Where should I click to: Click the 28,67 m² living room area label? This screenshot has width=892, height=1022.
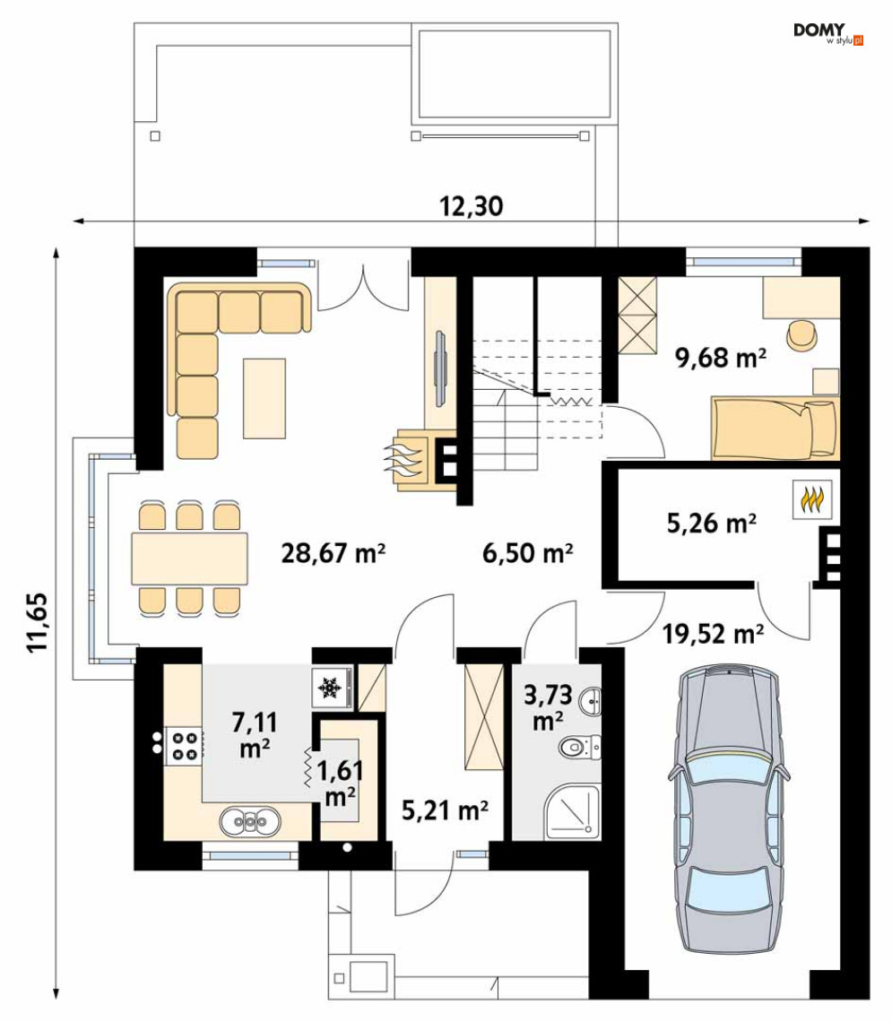[x=333, y=553]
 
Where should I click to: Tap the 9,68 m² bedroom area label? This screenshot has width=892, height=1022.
[x=721, y=357]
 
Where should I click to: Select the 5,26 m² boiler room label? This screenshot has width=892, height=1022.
[x=712, y=523]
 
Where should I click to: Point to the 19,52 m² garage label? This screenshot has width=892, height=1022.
[x=714, y=633]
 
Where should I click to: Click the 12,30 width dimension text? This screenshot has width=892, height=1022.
[x=471, y=206]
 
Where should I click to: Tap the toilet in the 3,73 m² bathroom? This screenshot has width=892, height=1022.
[x=581, y=746]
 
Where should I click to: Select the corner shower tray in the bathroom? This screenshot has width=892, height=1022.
[x=573, y=811]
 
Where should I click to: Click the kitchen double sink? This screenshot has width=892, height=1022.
[x=250, y=821]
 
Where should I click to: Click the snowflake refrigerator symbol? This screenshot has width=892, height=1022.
[x=330, y=687]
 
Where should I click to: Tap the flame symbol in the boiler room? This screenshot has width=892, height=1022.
[x=812, y=500]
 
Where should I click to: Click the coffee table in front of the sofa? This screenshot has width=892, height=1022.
[x=264, y=398]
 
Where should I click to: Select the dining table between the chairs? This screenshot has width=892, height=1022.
[x=189, y=559]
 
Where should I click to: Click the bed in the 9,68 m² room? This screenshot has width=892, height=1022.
[x=775, y=428]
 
